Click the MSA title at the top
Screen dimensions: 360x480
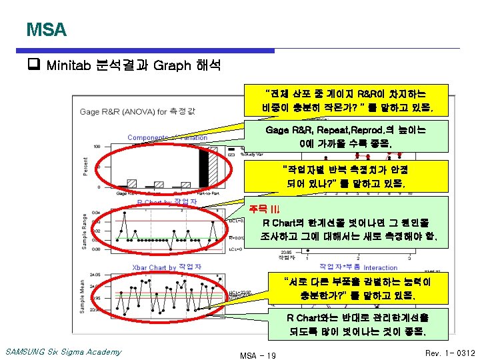[46, 30]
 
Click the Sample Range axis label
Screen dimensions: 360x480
[85, 231]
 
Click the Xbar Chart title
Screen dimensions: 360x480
[167, 267]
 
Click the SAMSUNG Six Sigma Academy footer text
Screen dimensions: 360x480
[63, 352]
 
